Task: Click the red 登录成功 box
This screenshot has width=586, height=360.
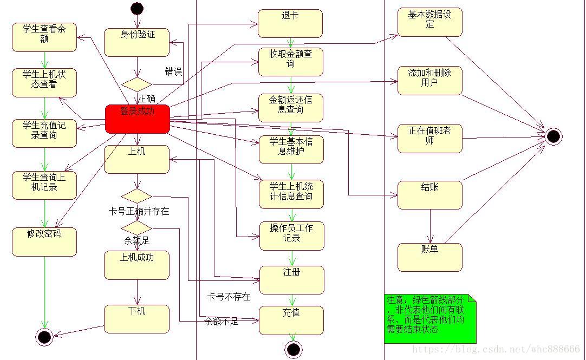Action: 137,119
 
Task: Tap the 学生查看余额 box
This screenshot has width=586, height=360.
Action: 44,37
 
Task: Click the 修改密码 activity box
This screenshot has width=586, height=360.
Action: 44,241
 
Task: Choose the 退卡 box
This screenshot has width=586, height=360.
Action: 290,23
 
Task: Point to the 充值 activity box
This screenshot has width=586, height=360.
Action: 291,320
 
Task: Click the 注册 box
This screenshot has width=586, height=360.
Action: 291,279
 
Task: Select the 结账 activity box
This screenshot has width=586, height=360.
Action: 429,195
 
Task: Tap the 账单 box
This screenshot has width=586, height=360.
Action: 429,257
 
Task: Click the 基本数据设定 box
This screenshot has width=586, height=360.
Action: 429,22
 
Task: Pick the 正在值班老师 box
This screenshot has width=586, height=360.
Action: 429,138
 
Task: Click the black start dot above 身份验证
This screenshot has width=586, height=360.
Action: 137,8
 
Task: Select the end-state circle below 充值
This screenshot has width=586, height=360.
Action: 293,350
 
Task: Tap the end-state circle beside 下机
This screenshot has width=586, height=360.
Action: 44,337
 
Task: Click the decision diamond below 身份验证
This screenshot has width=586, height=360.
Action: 136,84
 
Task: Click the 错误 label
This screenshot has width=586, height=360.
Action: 173,71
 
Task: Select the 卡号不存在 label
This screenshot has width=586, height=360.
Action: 229,297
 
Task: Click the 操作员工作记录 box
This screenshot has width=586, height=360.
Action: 291,235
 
